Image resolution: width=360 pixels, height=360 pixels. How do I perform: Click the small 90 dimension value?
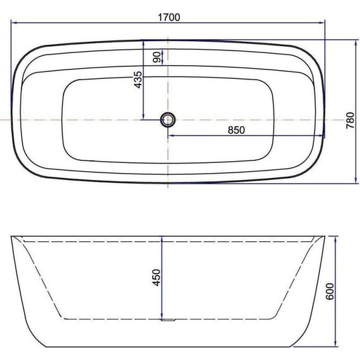[x=156, y=57]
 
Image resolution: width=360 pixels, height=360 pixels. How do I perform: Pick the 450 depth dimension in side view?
[x=156, y=277]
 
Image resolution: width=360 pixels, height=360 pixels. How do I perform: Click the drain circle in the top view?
[x=169, y=119]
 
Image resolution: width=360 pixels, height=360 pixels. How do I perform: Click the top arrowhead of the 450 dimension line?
[x=163, y=240]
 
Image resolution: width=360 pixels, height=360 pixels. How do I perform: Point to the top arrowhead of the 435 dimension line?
[x=145, y=42]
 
